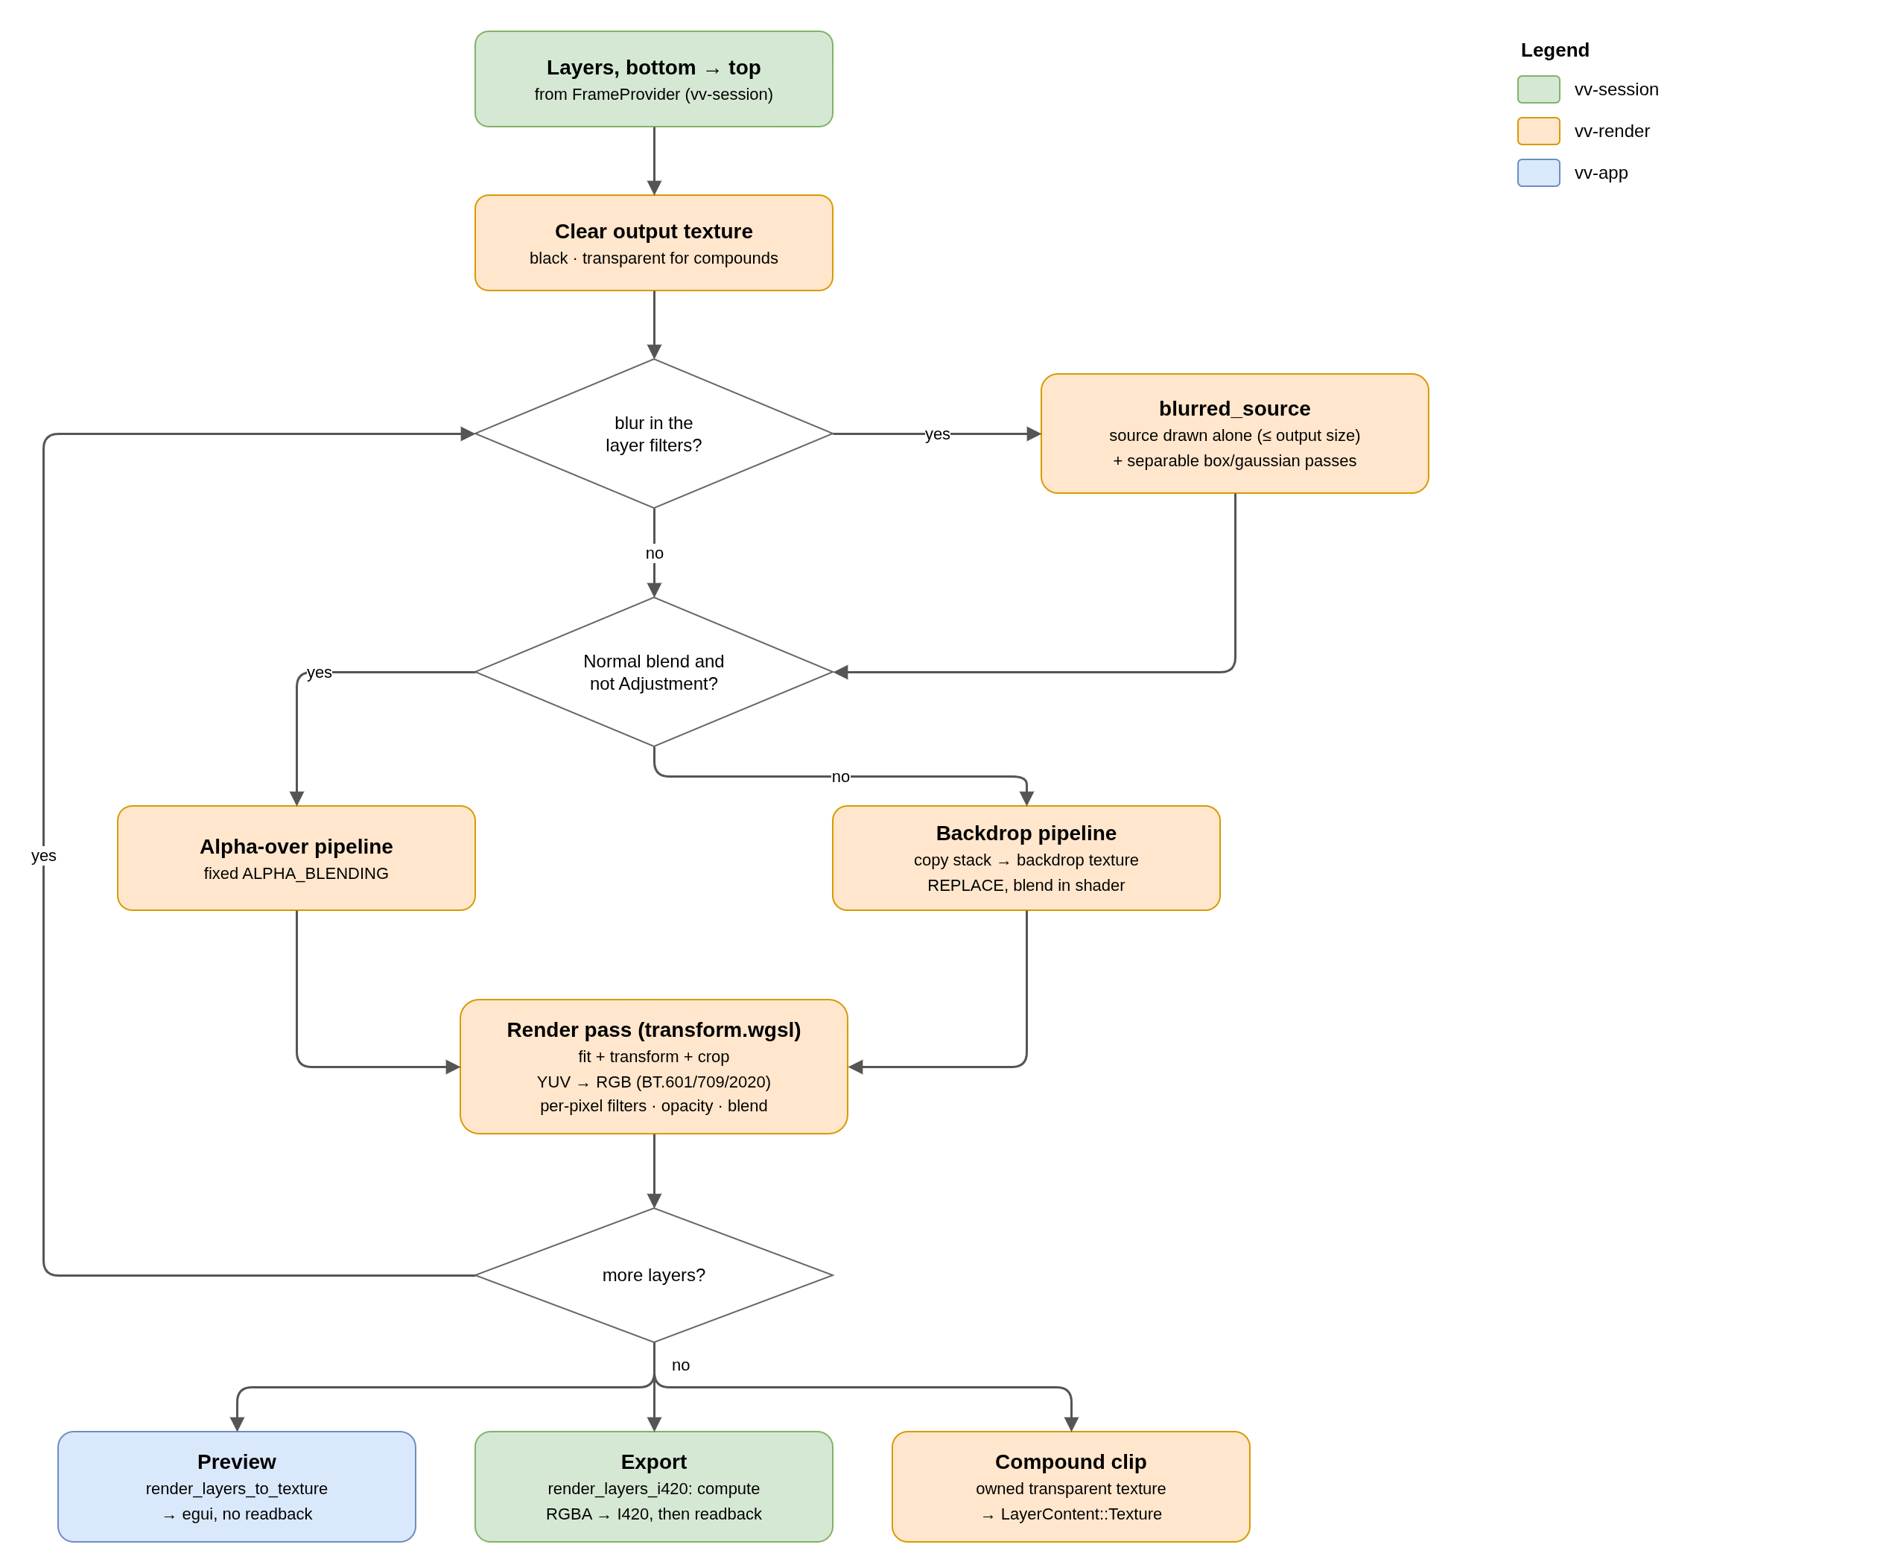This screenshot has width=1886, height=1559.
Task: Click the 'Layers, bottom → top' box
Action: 654,79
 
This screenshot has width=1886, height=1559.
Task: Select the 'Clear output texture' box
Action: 654,243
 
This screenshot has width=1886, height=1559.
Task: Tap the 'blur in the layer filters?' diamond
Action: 654,434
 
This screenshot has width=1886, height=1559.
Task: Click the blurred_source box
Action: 1235,434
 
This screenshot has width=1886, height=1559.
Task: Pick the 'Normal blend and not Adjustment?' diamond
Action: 654,672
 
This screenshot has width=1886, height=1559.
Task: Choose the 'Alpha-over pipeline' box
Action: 296,857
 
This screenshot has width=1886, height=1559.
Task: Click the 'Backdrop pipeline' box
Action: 1026,857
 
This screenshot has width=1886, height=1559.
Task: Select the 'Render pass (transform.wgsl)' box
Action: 654,1067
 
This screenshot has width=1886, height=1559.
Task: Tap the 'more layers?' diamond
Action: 654,1275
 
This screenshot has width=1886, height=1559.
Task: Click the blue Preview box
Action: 237,1486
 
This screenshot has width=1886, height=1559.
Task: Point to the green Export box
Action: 654,1486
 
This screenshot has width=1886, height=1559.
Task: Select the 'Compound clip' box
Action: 1070,1486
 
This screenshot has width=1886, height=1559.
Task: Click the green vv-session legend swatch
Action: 1538,89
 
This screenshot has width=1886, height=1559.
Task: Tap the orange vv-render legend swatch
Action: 1538,131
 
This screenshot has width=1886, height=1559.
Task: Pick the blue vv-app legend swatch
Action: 1538,172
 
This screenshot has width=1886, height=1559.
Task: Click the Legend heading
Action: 1555,51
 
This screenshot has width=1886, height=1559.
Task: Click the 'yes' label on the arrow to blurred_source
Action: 938,434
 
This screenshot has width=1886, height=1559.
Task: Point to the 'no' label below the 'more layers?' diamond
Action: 681,1365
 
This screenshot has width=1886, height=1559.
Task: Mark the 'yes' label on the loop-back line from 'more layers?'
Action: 43,856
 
